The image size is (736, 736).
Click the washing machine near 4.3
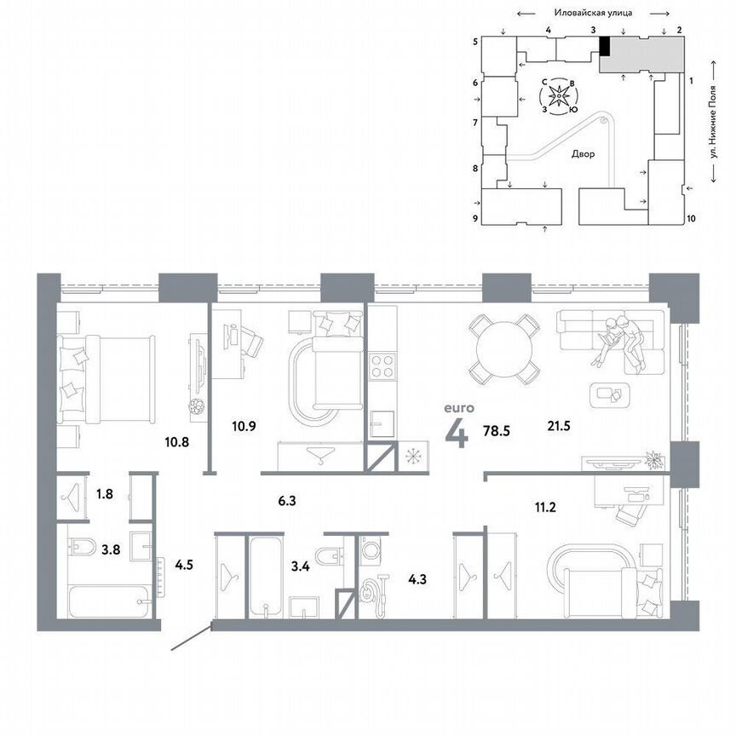373,550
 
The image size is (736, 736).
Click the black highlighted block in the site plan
604,46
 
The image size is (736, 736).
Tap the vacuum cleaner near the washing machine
373,589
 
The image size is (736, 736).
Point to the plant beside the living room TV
653,459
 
